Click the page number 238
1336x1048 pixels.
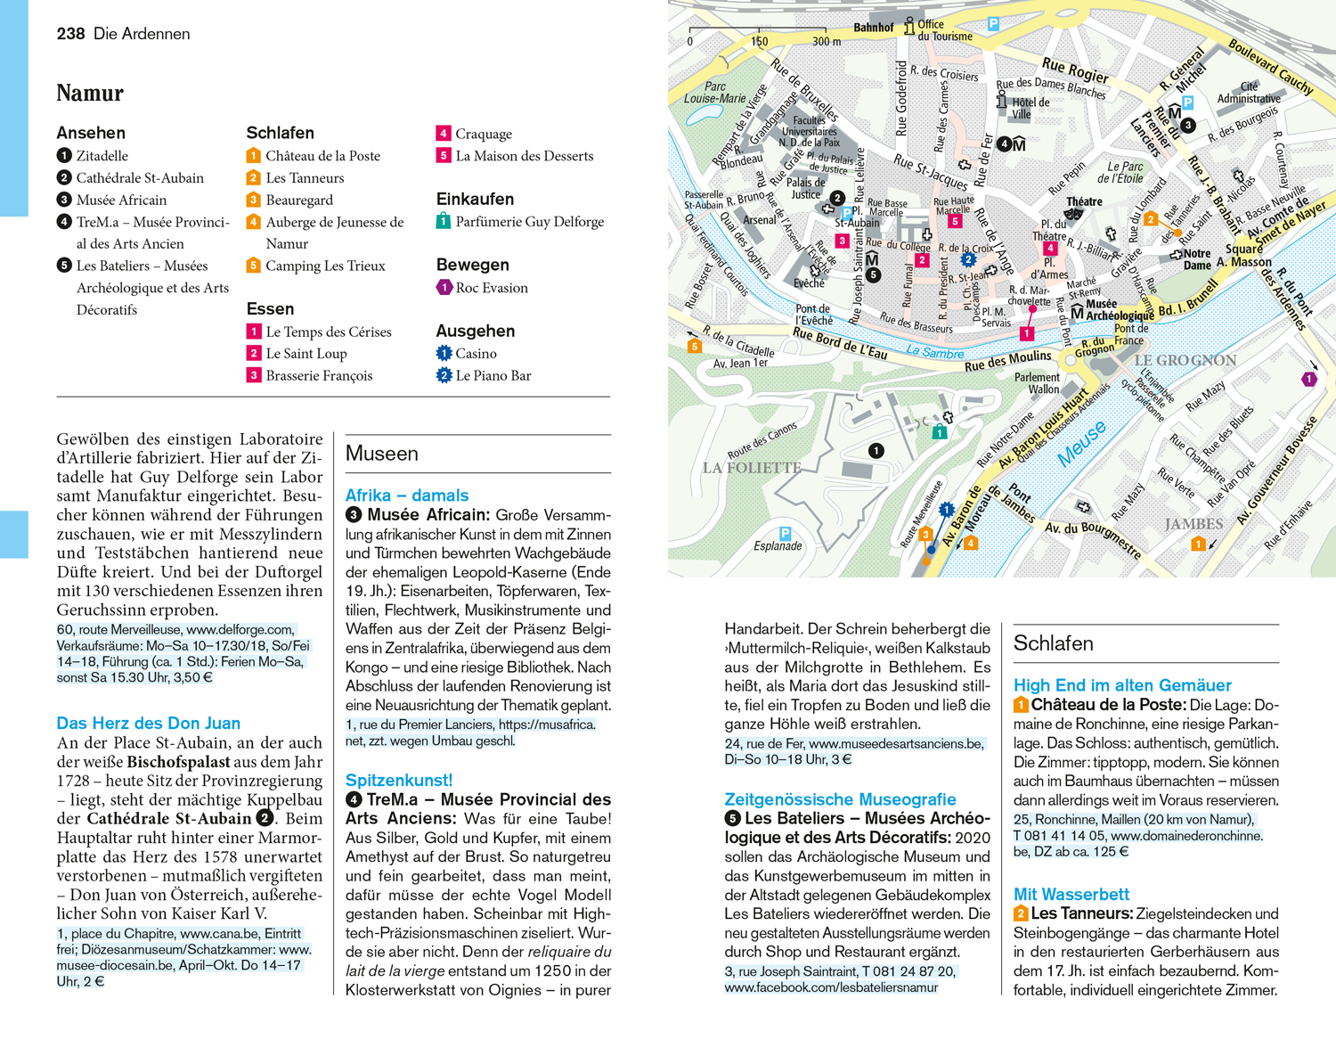70,34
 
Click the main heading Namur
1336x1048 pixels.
90,94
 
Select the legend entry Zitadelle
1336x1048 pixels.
102,156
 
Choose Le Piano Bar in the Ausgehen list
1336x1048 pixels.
493,376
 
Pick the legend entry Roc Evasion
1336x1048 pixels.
491,288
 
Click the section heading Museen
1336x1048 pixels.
382,454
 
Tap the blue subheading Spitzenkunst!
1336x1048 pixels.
399,780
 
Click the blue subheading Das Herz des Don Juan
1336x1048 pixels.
148,723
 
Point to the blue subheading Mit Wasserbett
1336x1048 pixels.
1071,894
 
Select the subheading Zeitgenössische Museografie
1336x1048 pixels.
840,799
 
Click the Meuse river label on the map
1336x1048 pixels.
1081,444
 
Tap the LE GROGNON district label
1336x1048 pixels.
1185,361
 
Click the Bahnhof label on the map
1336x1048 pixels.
873,28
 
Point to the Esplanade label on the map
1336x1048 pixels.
778,546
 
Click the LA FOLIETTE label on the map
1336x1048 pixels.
752,468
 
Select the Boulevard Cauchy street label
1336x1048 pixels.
1270,67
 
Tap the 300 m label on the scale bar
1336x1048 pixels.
826,41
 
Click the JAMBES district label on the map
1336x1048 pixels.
1193,524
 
